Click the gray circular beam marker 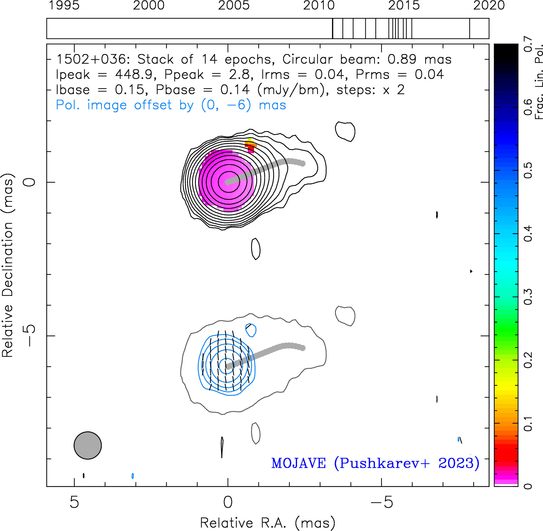coord(88,445)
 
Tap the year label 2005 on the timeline coord(234,5)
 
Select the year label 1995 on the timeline coord(64,5)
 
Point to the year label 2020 coord(489,5)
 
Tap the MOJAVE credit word coord(299,463)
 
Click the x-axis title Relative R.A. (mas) coord(268,523)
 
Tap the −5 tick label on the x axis coord(382,502)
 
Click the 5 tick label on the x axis coord(74,502)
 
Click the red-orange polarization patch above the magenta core coord(250,145)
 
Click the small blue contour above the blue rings coord(251,330)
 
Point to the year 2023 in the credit coord(456,463)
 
